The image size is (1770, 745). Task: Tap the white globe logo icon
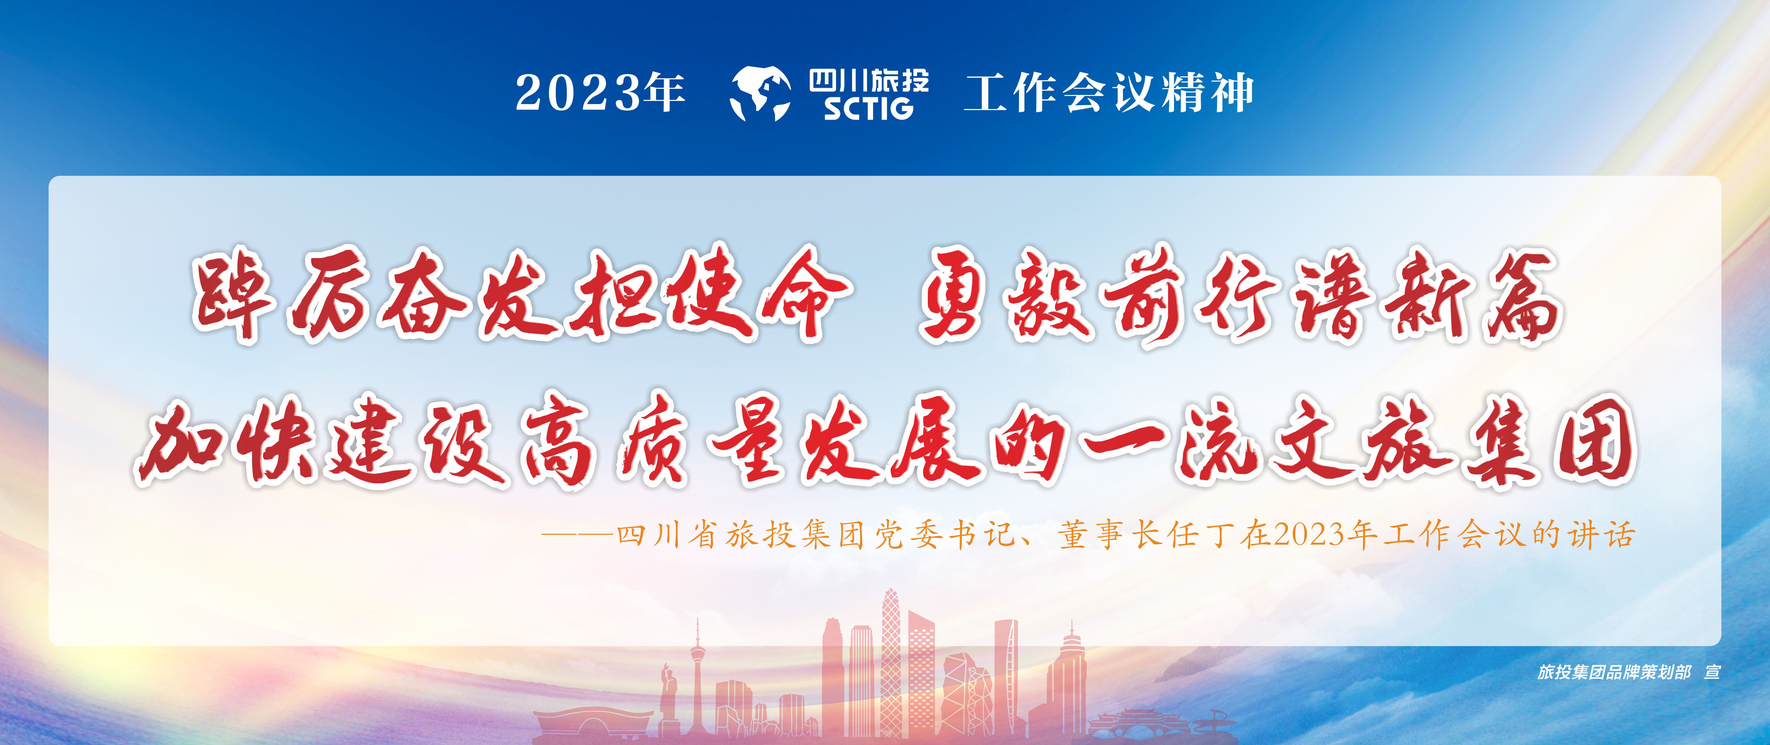tap(761, 94)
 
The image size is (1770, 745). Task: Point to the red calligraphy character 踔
tap(233, 297)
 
